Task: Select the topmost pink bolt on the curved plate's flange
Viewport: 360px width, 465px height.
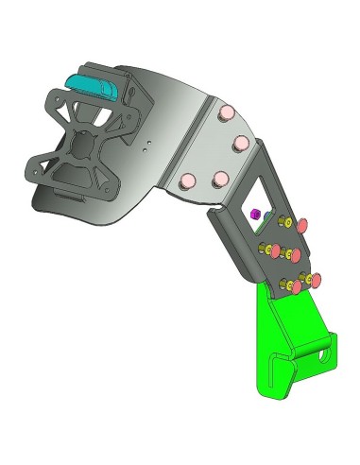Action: click(x=227, y=114)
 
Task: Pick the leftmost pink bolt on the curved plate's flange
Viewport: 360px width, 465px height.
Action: click(x=189, y=179)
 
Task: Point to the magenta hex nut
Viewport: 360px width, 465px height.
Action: click(x=254, y=215)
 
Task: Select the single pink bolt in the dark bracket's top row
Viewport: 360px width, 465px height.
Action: click(x=304, y=227)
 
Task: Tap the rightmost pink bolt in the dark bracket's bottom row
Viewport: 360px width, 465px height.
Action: click(x=316, y=280)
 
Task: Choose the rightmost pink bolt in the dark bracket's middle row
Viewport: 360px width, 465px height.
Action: click(x=294, y=256)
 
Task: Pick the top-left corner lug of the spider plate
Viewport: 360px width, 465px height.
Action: click(x=52, y=94)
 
